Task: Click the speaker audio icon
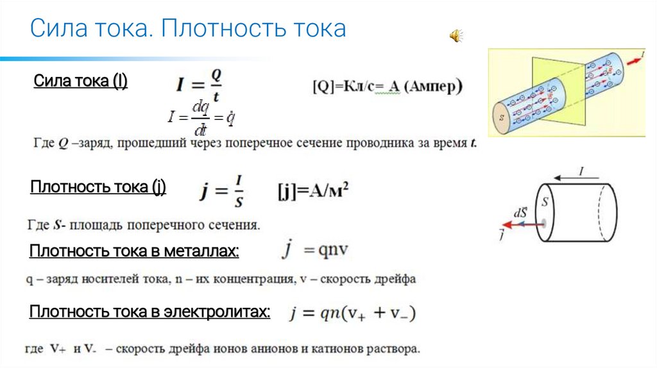point(455,36)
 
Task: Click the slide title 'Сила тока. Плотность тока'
point(189,28)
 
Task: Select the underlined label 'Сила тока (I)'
point(80,81)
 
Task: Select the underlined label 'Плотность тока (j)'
point(98,187)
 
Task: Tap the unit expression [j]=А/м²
point(312,191)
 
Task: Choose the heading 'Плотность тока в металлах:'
point(134,251)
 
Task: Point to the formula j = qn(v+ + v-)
point(352,314)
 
